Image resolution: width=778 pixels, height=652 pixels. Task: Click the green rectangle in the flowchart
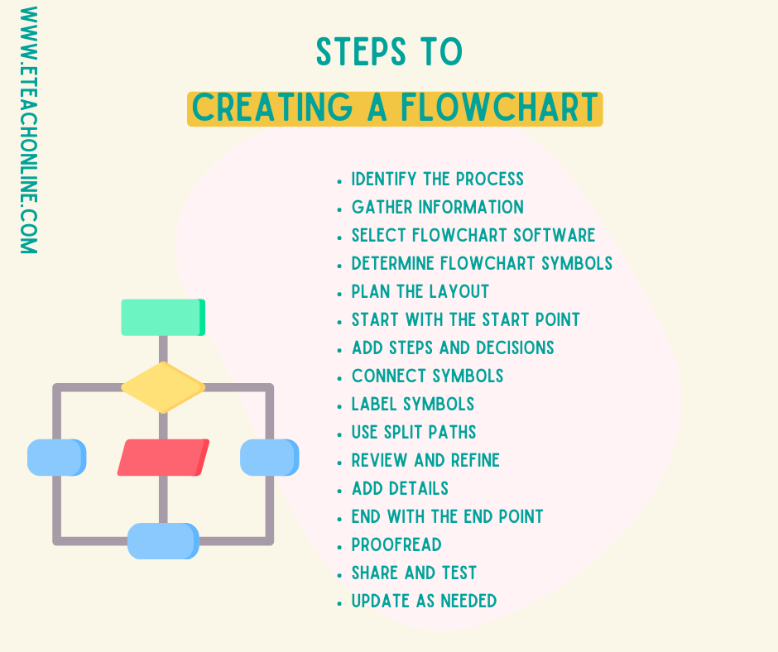162,317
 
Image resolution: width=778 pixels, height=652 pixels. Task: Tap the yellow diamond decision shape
163,387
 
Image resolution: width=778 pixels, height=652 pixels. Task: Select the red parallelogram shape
163,458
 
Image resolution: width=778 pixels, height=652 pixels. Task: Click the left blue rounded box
56,458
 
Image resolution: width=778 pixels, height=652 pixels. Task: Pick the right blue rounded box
269,458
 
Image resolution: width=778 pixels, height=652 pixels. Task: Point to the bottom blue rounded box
163,541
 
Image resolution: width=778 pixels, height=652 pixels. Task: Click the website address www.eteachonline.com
28,130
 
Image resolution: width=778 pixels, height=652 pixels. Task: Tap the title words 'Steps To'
389,52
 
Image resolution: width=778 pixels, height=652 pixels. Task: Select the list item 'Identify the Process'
437,179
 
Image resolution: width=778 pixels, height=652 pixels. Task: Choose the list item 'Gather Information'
437,207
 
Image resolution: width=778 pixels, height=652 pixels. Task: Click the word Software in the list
554,235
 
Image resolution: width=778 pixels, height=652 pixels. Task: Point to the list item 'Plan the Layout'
420,291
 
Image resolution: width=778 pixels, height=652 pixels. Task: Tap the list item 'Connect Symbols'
427,376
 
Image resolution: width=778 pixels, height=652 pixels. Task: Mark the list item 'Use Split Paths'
414,432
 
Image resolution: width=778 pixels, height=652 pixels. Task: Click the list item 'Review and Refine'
425,460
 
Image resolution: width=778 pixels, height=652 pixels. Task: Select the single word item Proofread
396,544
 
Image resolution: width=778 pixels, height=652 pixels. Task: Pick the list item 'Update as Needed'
424,601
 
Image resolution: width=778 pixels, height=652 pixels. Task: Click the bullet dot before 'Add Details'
339,490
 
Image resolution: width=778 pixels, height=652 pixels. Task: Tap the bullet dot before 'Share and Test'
339,574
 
